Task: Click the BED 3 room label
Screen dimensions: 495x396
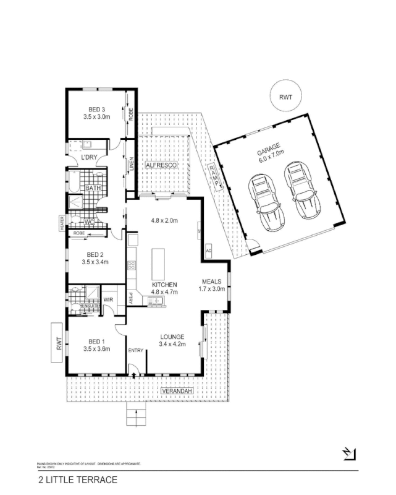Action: coord(96,110)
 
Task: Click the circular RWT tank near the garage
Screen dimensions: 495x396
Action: coord(285,97)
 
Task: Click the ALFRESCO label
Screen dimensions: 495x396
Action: coord(161,166)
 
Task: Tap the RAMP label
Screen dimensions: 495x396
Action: coord(214,175)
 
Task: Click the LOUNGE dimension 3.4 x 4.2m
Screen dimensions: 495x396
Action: coord(172,344)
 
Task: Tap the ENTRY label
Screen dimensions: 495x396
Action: coord(136,351)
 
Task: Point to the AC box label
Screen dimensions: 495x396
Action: coord(208,251)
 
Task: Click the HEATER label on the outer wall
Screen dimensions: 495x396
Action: coord(62,224)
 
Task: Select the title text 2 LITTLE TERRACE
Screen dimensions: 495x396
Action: coord(77,479)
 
